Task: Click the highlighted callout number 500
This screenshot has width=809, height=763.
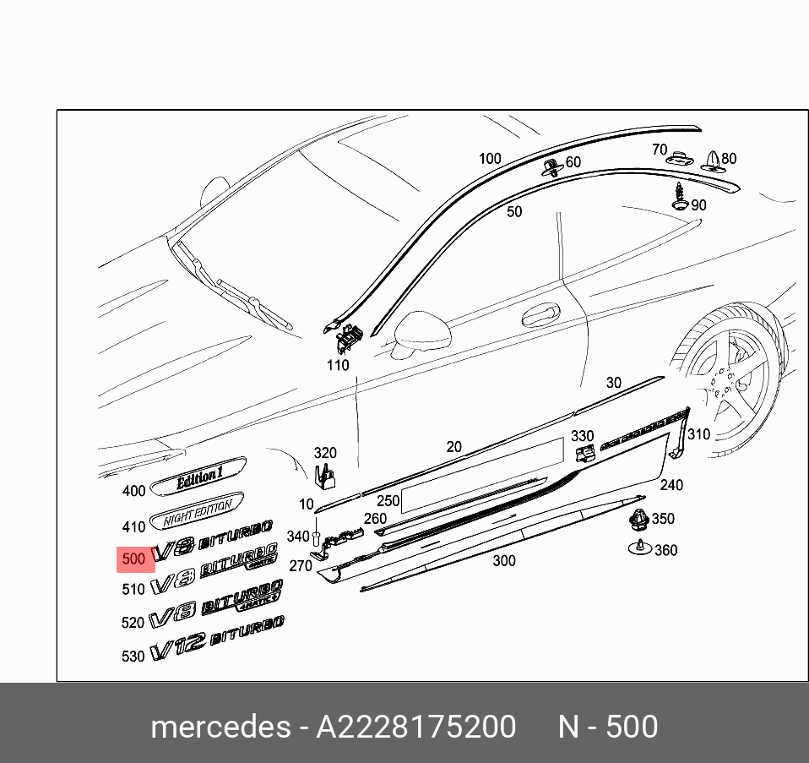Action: (x=134, y=559)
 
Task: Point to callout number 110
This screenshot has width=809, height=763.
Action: (x=338, y=366)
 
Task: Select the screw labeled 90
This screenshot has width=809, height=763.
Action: (x=680, y=196)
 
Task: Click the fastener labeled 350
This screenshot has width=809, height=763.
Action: (x=638, y=520)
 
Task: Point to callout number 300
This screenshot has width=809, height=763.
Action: (x=503, y=560)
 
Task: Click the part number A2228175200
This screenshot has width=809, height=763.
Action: (x=415, y=727)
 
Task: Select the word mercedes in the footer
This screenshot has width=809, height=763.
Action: (x=219, y=727)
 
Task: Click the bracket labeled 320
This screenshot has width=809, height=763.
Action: (x=324, y=477)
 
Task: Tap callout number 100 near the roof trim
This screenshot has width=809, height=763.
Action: (x=490, y=159)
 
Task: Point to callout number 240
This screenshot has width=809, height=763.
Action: (x=671, y=485)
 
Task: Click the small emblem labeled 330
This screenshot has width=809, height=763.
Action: (x=584, y=455)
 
